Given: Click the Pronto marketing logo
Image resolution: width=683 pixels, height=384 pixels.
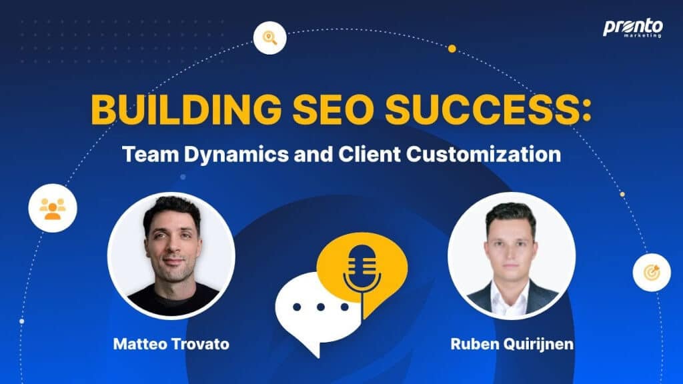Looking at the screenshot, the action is coord(633,28).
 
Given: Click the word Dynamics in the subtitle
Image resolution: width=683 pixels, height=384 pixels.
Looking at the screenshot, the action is coord(236,155).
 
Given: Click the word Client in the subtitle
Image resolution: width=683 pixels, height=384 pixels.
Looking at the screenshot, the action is coord(370,154).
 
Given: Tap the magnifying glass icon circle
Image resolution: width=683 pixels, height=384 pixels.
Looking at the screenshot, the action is coord(269,38).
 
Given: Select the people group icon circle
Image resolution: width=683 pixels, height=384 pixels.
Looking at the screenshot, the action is coord(53,208).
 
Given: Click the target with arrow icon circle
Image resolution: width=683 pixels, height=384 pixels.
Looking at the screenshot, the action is coord(652,273).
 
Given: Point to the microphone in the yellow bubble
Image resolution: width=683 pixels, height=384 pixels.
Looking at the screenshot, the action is coord(362,273).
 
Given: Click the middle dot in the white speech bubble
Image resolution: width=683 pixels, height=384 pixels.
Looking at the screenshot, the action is coord(321,307).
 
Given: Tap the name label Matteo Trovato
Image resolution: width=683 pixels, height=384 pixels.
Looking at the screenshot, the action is coord(171,344).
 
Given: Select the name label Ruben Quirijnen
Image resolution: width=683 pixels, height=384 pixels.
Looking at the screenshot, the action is coord(512,344).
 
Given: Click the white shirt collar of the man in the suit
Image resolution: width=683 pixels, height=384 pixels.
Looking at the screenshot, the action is coord(510,297).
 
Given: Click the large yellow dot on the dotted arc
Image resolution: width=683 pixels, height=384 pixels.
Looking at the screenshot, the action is coord(452,49).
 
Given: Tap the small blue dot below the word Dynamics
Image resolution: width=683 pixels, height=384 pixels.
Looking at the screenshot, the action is coord(183,177).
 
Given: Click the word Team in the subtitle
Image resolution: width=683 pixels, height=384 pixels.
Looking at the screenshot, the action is coord(150,154).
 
